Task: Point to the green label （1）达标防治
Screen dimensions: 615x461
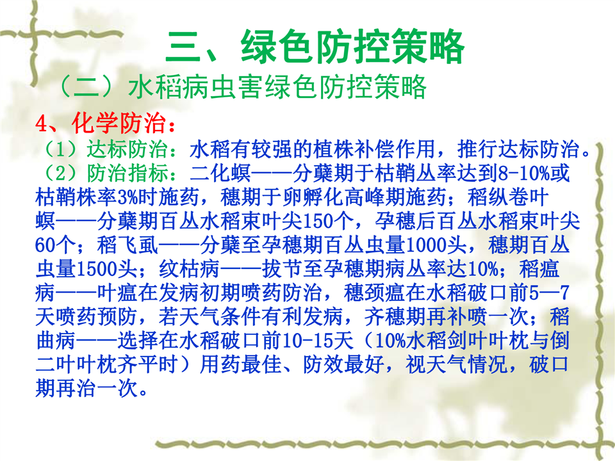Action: [106, 149]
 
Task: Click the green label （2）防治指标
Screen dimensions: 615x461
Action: [106, 173]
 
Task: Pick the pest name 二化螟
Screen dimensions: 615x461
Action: [220, 173]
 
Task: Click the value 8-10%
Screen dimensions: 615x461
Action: [524, 173]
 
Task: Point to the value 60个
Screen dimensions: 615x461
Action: [55, 245]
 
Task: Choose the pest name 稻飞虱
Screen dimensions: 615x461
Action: [128, 245]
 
